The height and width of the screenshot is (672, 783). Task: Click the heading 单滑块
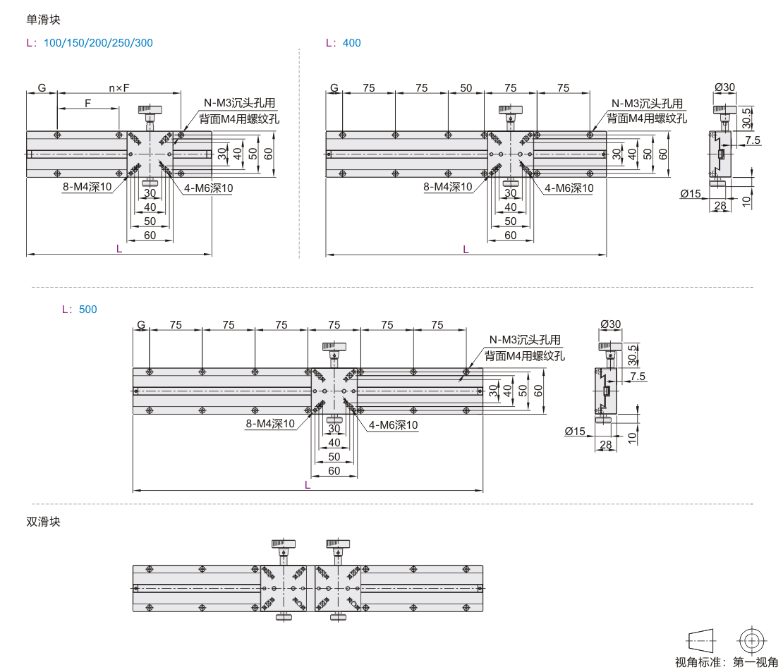(x=43, y=20)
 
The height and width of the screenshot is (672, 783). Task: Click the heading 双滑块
(x=43, y=522)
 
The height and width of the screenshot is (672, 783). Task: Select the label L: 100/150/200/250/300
(x=89, y=43)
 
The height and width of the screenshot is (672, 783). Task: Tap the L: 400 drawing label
(x=343, y=43)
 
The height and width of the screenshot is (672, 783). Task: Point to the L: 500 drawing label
(x=79, y=310)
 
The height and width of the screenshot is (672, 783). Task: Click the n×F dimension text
(x=119, y=88)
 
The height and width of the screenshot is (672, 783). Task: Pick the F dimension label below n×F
(x=88, y=103)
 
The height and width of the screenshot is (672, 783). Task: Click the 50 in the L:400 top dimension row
(x=466, y=88)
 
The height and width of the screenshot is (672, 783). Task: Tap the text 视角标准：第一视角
(x=727, y=662)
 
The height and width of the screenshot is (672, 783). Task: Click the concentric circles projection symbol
(x=752, y=641)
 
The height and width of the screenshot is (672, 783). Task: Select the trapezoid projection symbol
(x=702, y=641)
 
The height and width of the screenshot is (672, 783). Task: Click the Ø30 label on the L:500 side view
(x=610, y=324)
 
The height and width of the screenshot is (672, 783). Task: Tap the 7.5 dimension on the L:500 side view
(x=638, y=377)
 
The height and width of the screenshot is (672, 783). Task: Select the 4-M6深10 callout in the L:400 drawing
(x=569, y=188)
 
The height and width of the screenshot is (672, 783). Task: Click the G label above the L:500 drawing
(x=141, y=325)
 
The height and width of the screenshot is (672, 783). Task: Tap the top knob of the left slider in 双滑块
(x=283, y=544)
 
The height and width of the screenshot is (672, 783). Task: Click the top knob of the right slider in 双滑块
(x=338, y=544)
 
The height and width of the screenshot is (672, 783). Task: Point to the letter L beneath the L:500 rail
(x=307, y=484)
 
